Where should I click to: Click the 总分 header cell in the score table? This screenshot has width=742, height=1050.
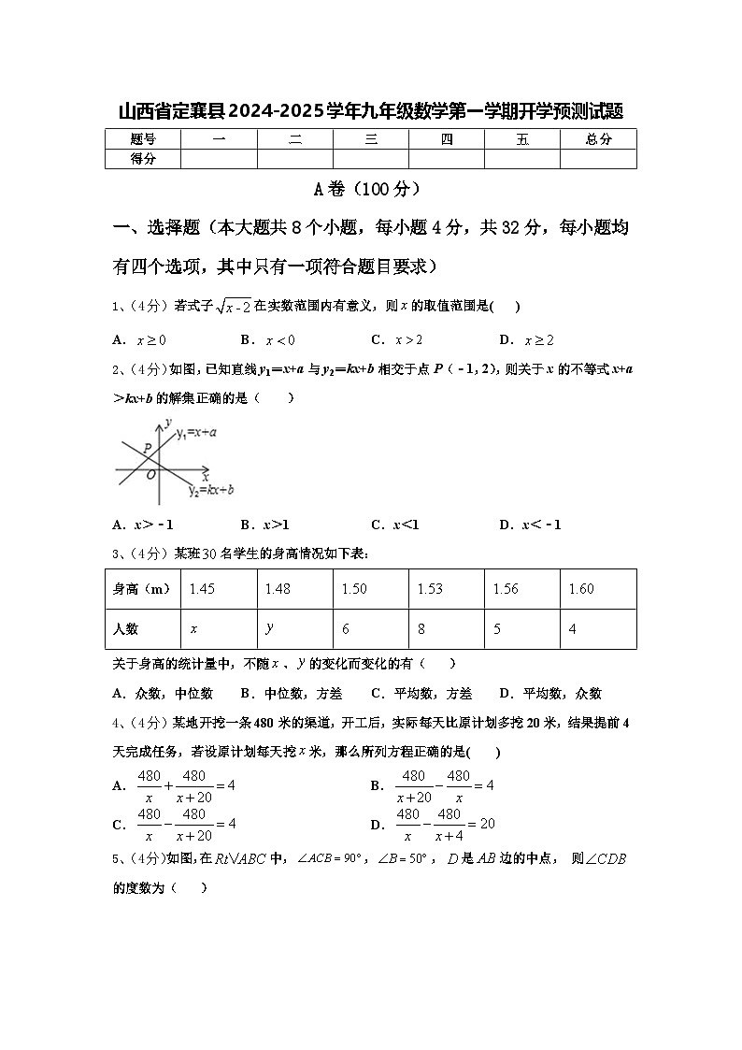(x=598, y=139)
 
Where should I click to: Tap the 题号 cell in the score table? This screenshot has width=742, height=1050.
(x=142, y=139)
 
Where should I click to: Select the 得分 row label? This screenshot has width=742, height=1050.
(x=142, y=159)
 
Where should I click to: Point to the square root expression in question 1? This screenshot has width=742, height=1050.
(x=234, y=307)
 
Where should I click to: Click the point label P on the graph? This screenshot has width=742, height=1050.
(x=148, y=450)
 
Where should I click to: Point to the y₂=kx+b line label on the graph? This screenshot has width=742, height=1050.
(x=210, y=489)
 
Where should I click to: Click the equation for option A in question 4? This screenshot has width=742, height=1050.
(x=186, y=785)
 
